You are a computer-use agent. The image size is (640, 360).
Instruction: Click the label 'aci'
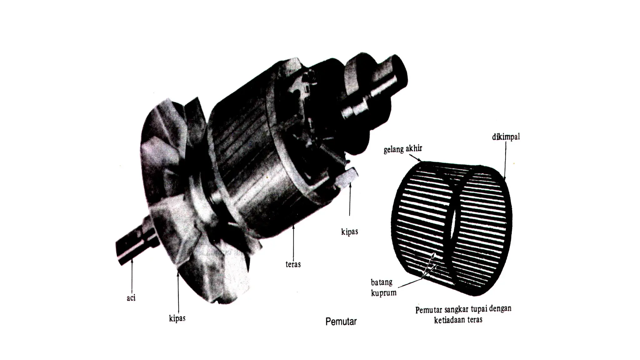(131, 298)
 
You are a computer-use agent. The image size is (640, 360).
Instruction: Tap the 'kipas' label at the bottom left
(177, 318)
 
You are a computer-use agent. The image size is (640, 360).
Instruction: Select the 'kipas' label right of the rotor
(349, 232)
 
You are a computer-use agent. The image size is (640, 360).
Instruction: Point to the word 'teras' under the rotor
(293, 264)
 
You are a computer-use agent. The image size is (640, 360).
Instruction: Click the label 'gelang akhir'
(402, 149)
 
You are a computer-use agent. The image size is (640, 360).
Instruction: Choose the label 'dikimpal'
(506, 137)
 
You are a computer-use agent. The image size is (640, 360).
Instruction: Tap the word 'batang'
(382, 282)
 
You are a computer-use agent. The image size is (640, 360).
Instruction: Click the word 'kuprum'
(384, 293)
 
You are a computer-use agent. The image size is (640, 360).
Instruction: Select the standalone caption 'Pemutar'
(341, 322)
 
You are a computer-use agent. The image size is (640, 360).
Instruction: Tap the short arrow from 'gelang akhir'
(415, 157)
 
